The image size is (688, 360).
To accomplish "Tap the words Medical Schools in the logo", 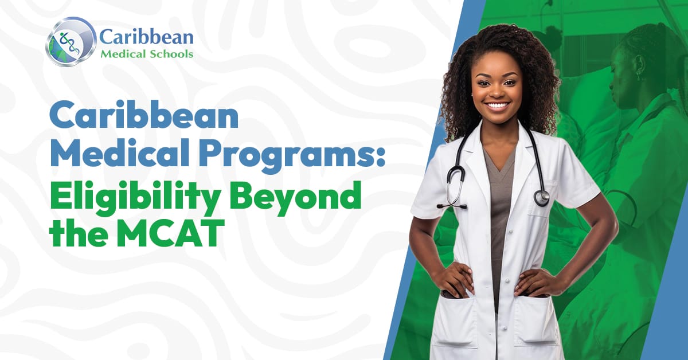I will coord(147,54).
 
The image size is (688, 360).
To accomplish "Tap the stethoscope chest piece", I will coord(541,197).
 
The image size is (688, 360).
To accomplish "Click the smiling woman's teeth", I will coord(498,106).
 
